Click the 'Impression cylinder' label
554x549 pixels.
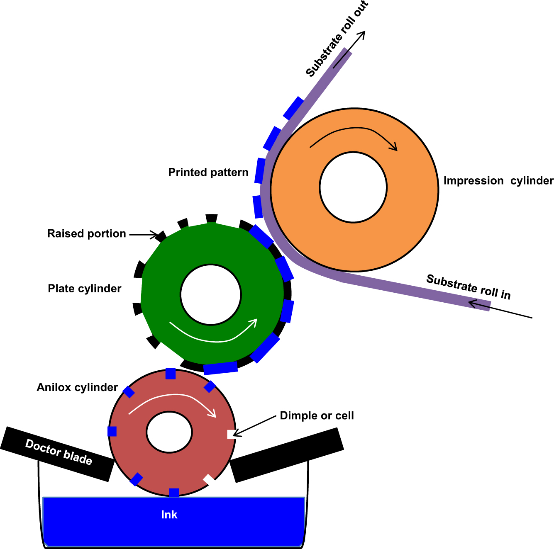(x=498, y=181)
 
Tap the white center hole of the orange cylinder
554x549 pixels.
(x=353, y=187)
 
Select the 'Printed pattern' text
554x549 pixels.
(x=208, y=172)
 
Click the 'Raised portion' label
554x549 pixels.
(x=86, y=234)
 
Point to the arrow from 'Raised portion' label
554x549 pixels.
(x=143, y=235)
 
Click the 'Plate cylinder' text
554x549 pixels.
(x=84, y=289)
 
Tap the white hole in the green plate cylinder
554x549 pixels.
(x=211, y=294)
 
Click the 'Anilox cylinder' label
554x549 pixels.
(x=77, y=387)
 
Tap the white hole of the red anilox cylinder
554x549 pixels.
(x=169, y=432)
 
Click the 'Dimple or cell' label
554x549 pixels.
(x=317, y=416)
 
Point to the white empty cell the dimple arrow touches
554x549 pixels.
(x=231, y=434)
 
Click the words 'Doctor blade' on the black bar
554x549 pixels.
(x=59, y=452)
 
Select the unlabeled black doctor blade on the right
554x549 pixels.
(x=286, y=455)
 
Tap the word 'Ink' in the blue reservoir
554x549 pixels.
(x=169, y=515)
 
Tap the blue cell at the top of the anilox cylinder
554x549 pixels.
(x=171, y=374)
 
